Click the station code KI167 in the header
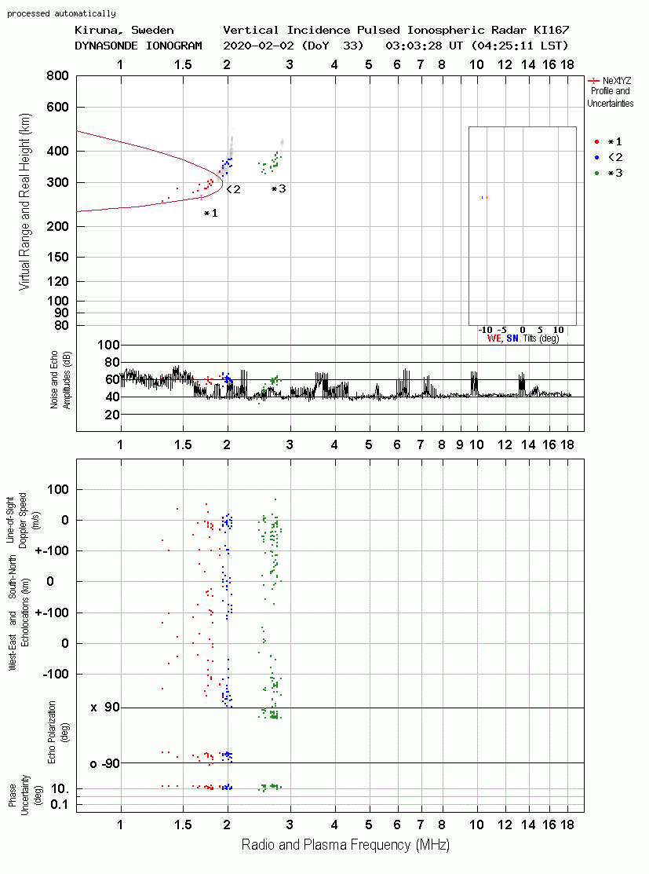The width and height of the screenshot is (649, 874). pyautogui.click(x=551, y=30)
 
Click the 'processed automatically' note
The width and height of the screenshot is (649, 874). pyautogui.click(x=61, y=13)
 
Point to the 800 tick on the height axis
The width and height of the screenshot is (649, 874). pyautogui.click(x=58, y=75)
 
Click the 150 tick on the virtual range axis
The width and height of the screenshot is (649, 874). pyautogui.click(x=58, y=257)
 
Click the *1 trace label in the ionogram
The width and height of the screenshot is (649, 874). pyautogui.click(x=210, y=213)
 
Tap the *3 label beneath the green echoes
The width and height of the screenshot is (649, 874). pyautogui.click(x=279, y=189)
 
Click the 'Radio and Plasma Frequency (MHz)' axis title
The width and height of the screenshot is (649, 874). pyautogui.click(x=345, y=845)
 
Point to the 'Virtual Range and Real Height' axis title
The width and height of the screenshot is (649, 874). pyautogui.click(x=25, y=202)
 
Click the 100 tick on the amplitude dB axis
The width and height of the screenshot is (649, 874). pyautogui.click(x=108, y=345)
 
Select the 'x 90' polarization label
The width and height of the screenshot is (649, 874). pyautogui.click(x=105, y=708)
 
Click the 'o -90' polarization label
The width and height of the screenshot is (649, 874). pyautogui.click(x=104, y=763)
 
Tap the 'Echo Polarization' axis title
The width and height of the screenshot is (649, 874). pyautogui.click(x=52, y=732)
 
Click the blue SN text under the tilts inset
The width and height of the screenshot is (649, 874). pyautogui.click(x=512, y=338)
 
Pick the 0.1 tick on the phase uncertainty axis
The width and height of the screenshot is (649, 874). pyautogui.click(x=60, y=804)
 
